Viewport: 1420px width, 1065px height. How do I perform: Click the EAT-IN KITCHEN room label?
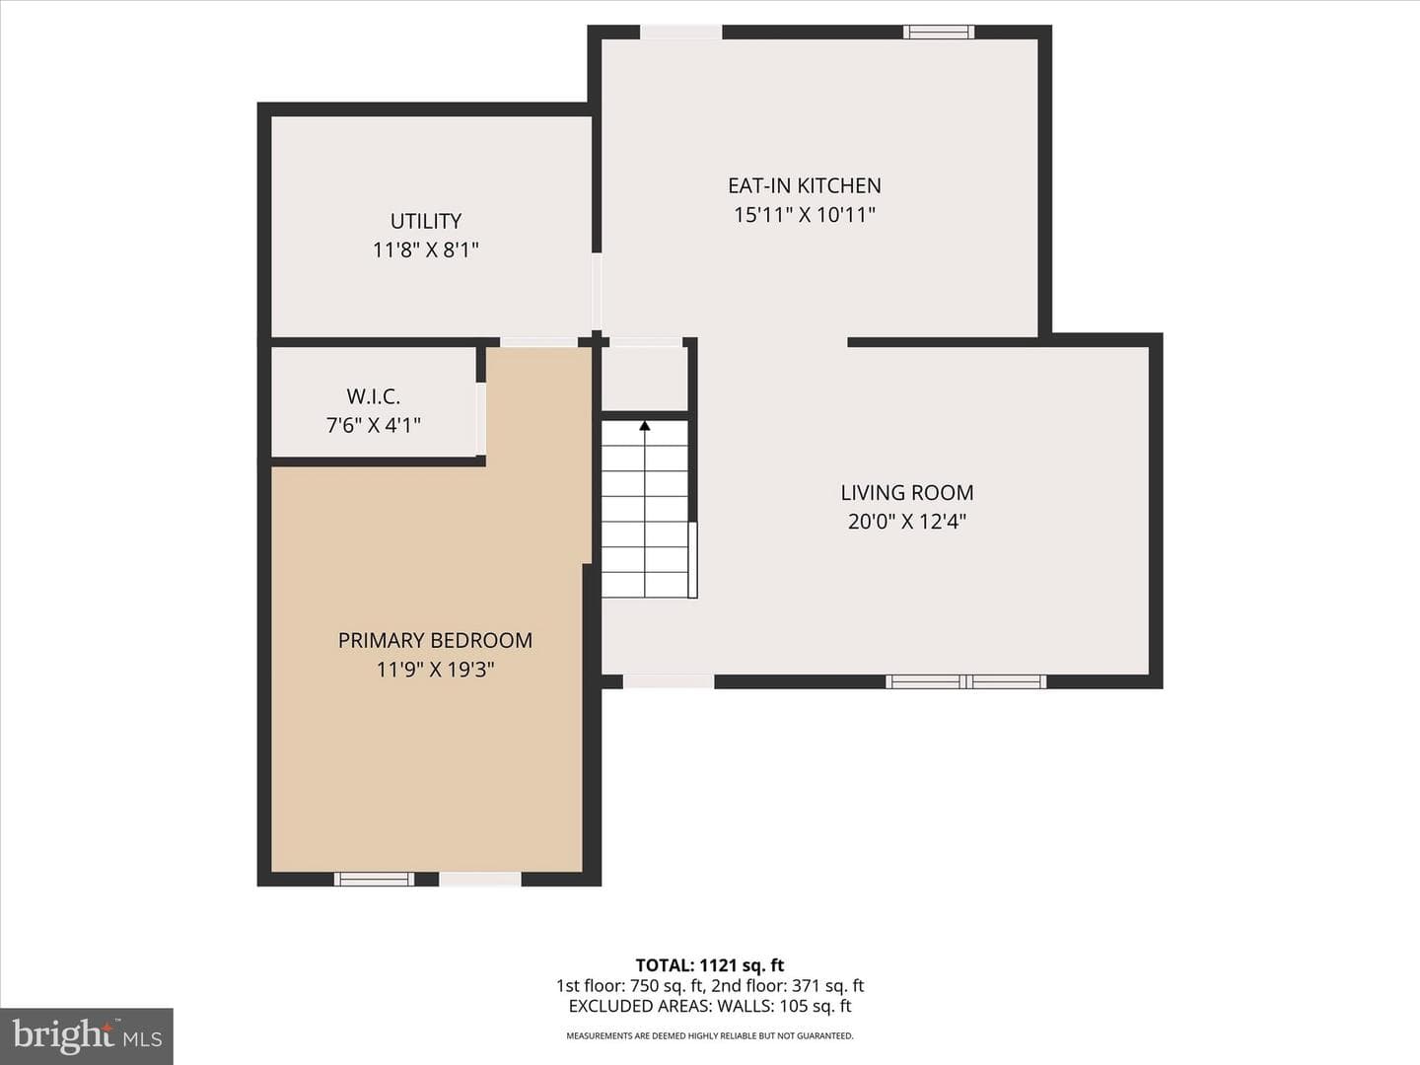click(804, 185)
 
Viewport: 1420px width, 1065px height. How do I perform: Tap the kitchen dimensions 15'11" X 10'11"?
click(804, 215)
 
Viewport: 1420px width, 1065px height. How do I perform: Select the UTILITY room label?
click(426, 221)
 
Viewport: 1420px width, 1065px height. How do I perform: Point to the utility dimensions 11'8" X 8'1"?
click(426, 249)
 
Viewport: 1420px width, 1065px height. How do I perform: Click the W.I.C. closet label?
click(374, 396)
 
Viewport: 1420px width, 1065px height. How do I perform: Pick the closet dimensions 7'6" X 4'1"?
click(374, 425)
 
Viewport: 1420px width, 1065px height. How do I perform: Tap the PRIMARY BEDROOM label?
click(436, 640)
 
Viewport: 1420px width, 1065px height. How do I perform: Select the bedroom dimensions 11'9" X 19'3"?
click(436, 670)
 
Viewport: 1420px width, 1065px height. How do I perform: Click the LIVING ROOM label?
click(907, 493)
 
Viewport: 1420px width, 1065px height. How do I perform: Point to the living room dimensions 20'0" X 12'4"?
click(907, 522)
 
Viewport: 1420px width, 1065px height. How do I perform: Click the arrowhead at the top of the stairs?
click(644, 425)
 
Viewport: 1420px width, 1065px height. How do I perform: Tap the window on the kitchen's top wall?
click(939, 33)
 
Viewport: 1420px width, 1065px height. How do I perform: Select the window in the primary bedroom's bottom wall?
click(374, 879)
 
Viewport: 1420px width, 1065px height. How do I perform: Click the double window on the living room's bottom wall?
click(965, 681)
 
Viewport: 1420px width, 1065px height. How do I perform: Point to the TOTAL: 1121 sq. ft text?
click(710, 965)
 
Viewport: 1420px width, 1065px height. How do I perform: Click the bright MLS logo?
click(87, 1035)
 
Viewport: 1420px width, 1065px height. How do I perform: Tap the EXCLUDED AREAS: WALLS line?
click(710, 1006)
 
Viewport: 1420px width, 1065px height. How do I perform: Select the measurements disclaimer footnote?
click(710, 1035)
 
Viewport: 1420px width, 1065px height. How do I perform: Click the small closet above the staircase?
click(644, 379)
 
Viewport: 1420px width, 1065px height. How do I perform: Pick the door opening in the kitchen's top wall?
click(680, 33)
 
